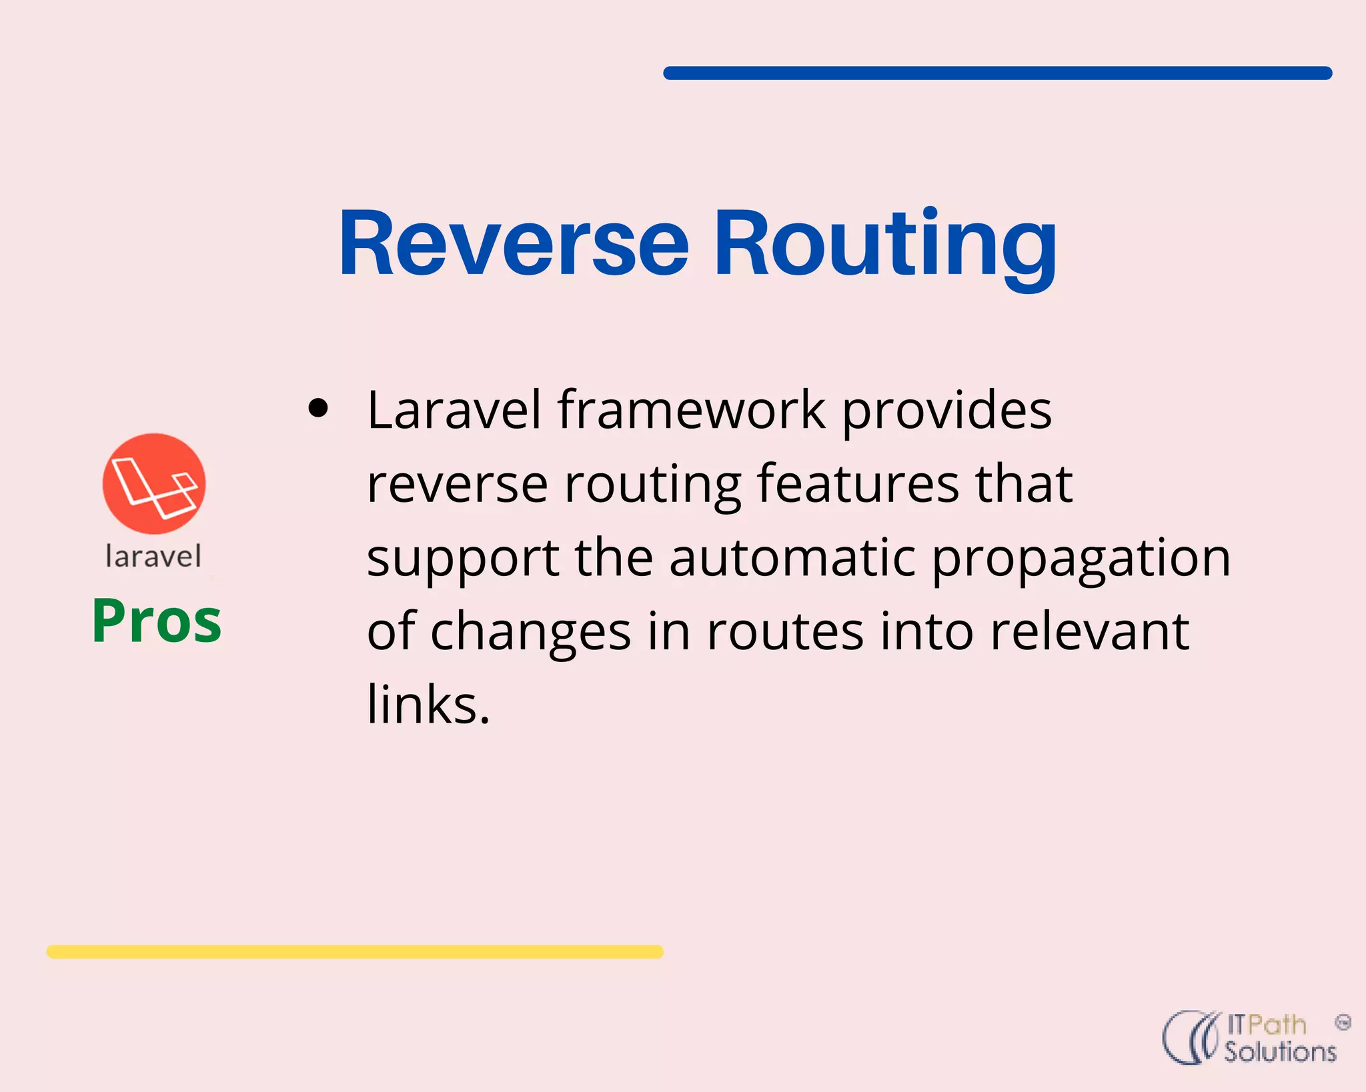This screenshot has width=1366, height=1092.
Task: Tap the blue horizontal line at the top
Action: click(997, 73)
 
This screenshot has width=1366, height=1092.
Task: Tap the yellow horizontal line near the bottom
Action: click(355, 951)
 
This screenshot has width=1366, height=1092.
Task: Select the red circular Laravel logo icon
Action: click(154, 483)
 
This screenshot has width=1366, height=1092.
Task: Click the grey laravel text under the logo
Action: click(153, 556)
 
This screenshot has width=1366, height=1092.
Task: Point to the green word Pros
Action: click(157, 621)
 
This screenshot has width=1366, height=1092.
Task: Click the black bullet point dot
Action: click(319, 408)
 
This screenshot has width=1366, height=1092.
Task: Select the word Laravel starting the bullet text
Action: click(454, 409)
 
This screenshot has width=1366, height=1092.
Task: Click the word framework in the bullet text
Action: click(692, 409)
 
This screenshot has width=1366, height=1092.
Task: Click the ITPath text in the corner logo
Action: click(1266, 1025)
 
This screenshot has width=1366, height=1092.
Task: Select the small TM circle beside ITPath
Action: click(1343, 1022)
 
